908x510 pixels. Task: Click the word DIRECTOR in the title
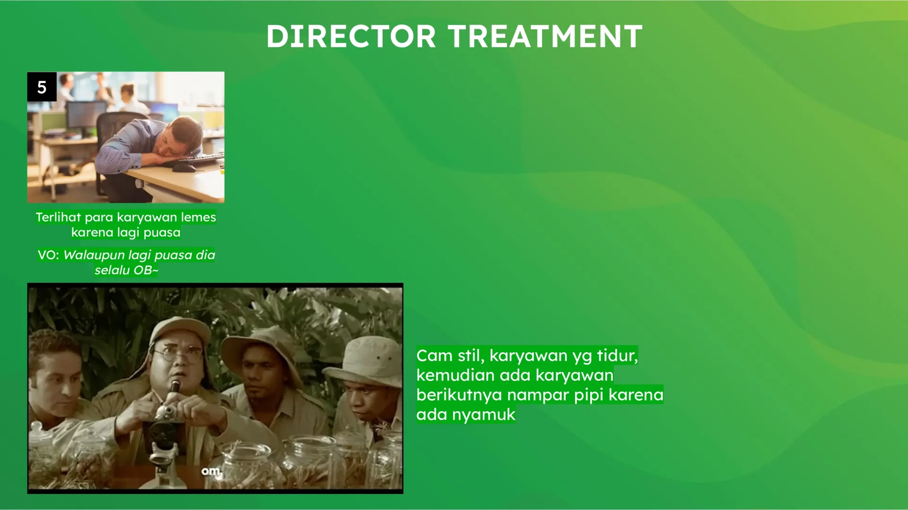pos(351,36)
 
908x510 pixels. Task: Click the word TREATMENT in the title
pos(545,36)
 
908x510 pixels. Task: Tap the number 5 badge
pos(42,87)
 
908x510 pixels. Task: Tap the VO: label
pos(48,255)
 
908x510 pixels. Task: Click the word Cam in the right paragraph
pos(435,356)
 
